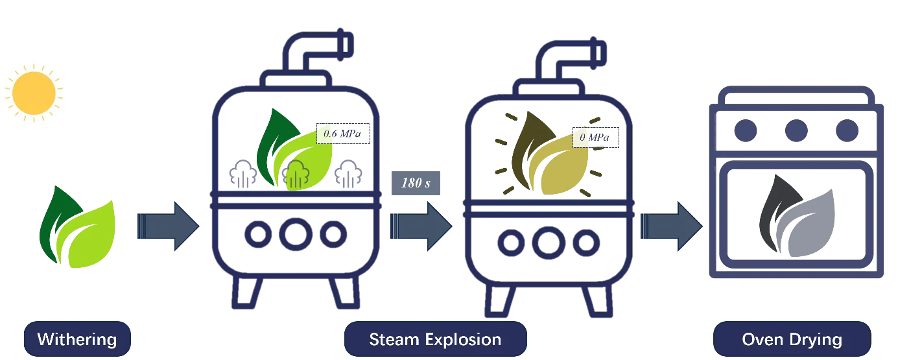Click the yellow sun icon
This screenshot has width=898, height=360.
coord(34,93)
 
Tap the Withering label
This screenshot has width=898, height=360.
coord(77,339)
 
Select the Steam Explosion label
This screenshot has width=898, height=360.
coord(435,339)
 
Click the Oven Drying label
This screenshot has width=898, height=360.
coord(792,339)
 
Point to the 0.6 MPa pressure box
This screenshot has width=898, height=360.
coord(343,134)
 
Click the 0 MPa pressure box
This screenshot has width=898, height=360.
coord(596,138)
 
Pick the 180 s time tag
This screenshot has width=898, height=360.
coord(416,183)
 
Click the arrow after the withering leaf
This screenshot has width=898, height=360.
coord(169,226)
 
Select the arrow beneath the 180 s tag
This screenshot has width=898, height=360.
coord(421,226)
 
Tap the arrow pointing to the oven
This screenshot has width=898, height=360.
coord(672,226)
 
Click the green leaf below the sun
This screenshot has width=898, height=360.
coord(77,226)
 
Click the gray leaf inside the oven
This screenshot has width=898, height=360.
coord(797,216)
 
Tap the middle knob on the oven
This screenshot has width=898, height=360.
coord(796,130)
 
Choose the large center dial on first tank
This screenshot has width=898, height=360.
coord(296,235)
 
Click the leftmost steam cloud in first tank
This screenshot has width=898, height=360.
coord(243,174)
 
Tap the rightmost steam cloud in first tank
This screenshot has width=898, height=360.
coord(348,174)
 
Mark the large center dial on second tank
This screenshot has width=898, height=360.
coord(549,243)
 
